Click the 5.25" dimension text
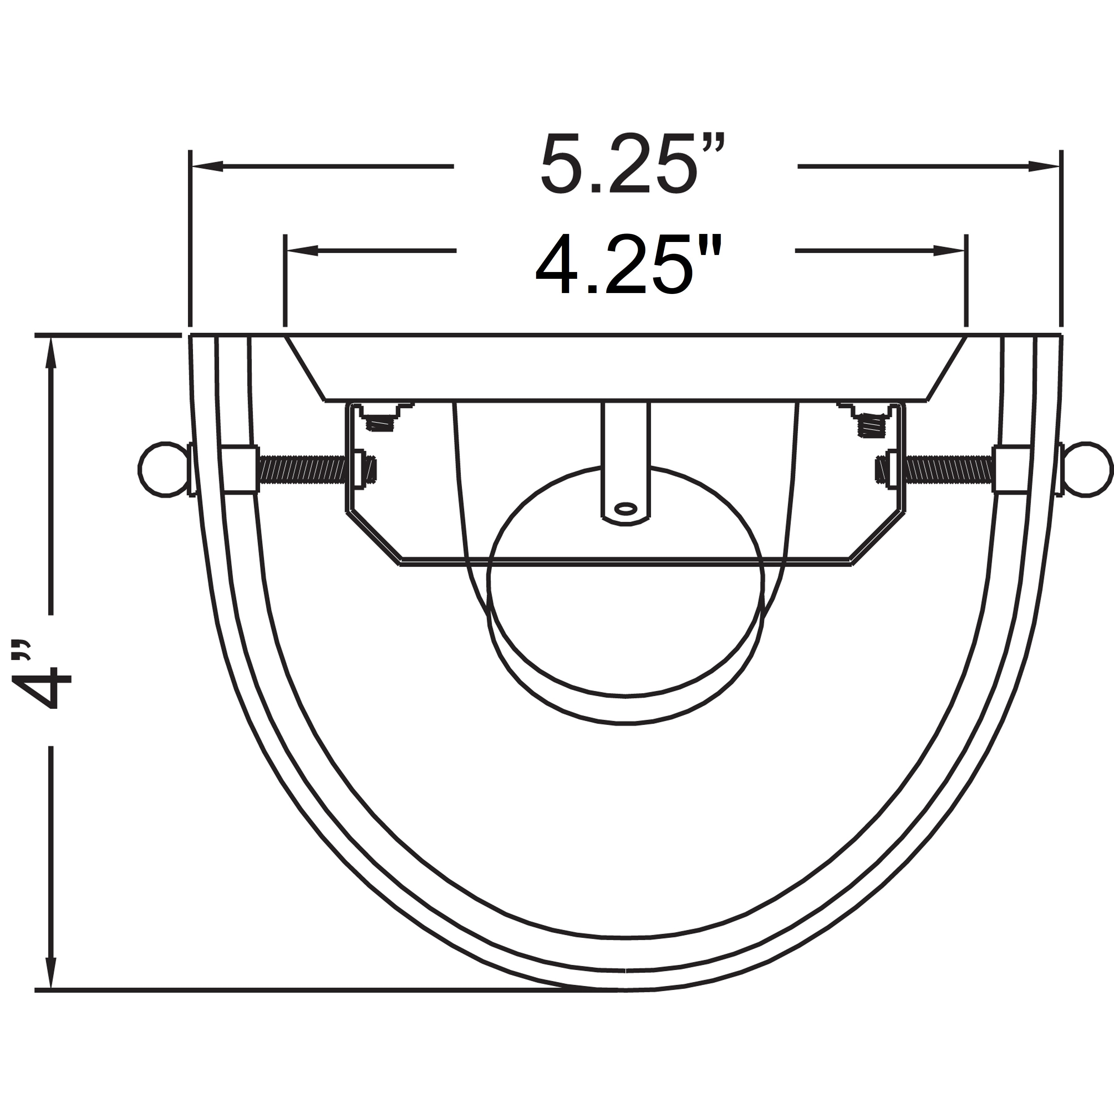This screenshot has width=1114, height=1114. [x=631, y=166]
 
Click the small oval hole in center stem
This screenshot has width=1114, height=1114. [x=626, y=509]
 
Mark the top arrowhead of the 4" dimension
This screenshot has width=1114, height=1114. [x=51, y=352]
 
